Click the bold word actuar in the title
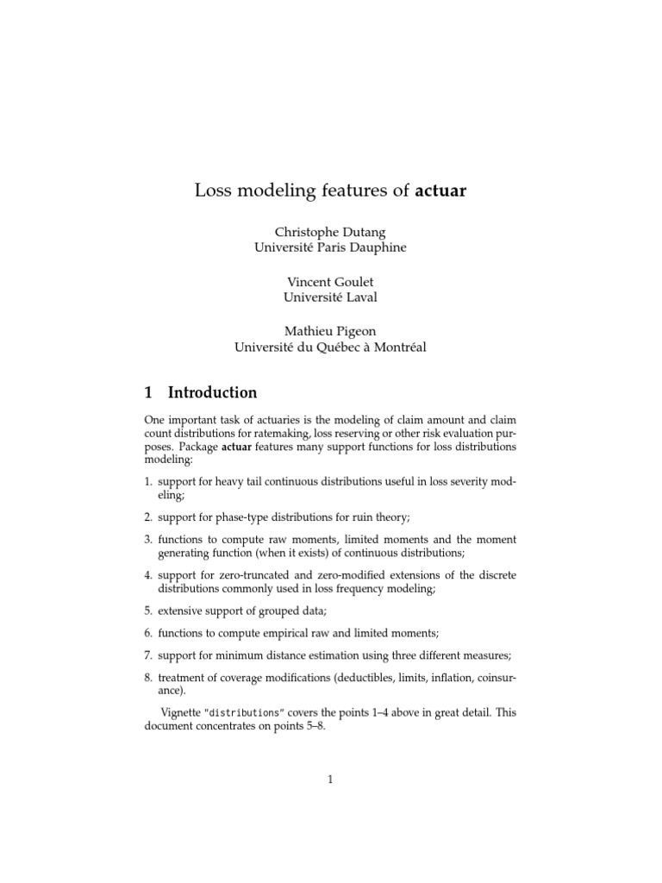[x=440, y=191]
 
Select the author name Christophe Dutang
[x=330, y=233]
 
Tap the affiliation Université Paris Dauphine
[x=330, y=247]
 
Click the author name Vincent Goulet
[x=330, y=282]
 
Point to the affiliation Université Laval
[x=330, y=297]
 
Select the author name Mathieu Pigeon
[x=330, y=332]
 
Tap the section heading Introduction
[x=212, y=392]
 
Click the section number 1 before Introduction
[x=148, y=392]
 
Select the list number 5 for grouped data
[x=148, y=611]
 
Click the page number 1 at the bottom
[x=330, y=780]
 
